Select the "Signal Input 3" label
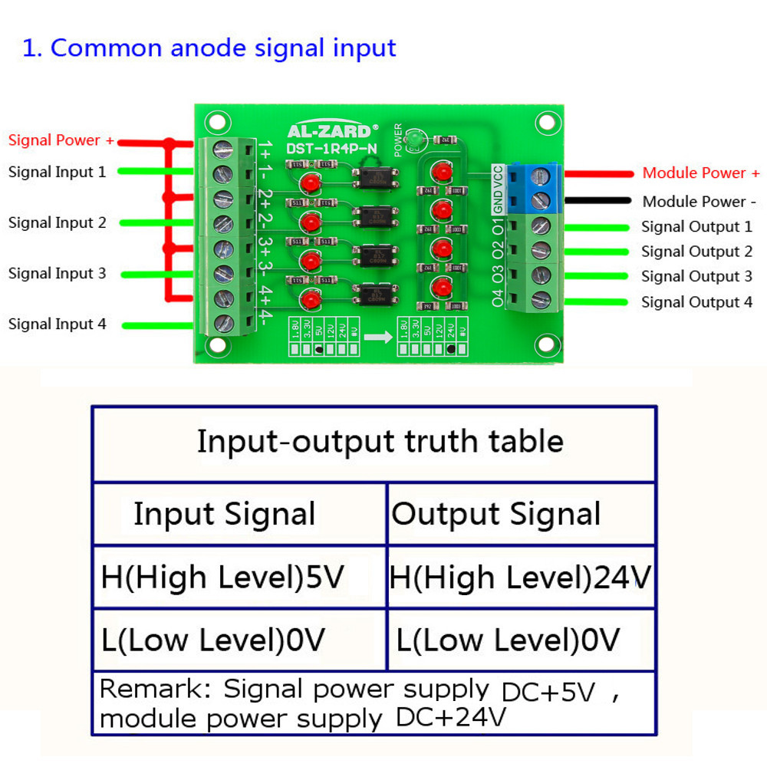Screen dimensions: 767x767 (x=58, y=273)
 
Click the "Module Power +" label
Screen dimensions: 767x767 (x=701, y=173)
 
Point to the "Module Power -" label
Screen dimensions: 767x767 (x=700, y=202)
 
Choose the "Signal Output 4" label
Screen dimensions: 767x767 (x=696, y=302)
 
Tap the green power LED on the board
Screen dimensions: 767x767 (x=415, y=139)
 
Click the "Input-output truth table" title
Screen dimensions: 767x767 (x=380, y=442)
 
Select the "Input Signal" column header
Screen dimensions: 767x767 (x=224, y=514)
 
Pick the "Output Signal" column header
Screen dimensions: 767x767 (x=496, y=514)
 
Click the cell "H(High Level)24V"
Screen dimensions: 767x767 (x=520, y=577)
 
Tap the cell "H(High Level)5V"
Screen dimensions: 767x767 (x=222, y=577)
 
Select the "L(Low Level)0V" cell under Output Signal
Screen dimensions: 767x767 (x=508, y=640)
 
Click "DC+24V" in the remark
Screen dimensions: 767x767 (x=451, y=718)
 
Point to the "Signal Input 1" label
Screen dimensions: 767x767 (x=58, y=172)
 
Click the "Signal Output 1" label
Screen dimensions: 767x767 (x=696, y=227)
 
